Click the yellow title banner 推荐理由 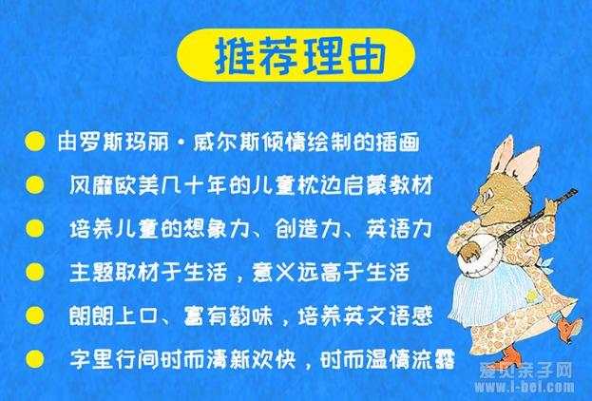[296, 55]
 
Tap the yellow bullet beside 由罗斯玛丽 [35, 142]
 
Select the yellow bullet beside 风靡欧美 [35, 185]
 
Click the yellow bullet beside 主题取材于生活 [35, 272]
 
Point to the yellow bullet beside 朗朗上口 [35, 315]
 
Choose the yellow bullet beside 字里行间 [35, 359]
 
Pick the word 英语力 [399, 228]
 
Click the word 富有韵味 [228, 315]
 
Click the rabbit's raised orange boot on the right [570, 330]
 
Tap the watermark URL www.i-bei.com [525, 387]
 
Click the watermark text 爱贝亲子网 [525, 371]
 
